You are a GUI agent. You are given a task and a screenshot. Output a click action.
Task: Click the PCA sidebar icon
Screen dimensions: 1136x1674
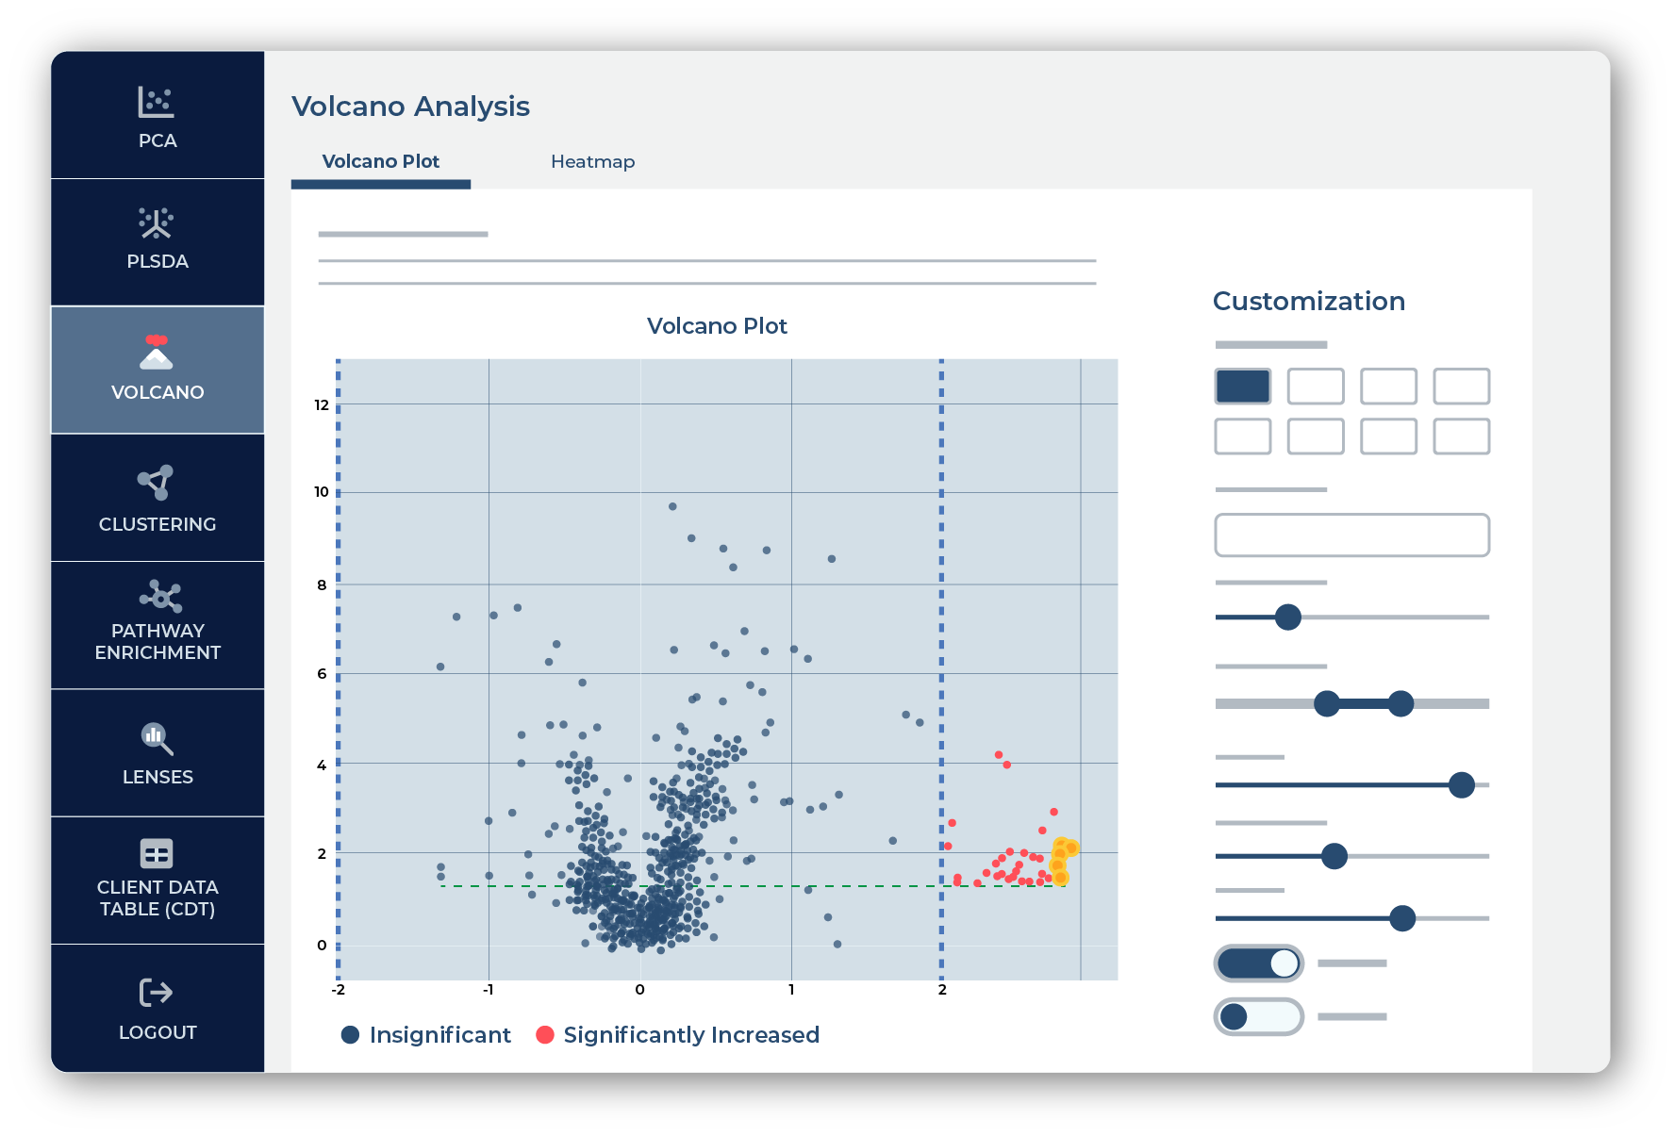point(157,102)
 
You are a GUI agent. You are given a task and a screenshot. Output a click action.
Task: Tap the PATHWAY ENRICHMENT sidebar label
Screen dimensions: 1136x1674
point(157,641)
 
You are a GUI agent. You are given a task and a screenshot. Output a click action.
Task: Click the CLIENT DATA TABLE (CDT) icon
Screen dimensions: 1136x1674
point(157,853)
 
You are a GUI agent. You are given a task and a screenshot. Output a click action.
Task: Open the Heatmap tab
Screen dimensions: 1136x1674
point(592,161)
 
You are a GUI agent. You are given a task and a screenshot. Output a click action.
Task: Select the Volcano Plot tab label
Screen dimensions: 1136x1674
point(380,161)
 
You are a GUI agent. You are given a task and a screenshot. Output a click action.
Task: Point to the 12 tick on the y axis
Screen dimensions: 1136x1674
point(322,405)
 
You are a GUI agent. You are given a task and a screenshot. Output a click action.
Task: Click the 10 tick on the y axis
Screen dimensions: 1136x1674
point(322,492)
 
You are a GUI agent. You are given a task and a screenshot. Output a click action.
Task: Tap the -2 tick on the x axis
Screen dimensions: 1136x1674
point(338,990)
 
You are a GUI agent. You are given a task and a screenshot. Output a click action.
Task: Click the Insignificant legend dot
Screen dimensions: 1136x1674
point(350,1035)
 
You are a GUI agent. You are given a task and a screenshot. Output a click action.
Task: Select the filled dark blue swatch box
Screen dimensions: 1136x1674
point(1242,387)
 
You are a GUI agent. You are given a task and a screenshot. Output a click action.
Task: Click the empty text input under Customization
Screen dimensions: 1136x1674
point(1351,535)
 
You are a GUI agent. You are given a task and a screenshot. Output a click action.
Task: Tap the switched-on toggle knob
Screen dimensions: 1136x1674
point(1284,963)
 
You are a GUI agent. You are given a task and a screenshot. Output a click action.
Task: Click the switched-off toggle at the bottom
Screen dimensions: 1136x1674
point(1258,1016)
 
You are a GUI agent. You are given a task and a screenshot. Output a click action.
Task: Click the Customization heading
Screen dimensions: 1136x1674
point(1308,301)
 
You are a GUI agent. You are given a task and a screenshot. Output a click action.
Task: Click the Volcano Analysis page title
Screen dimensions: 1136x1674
point(410,107)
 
